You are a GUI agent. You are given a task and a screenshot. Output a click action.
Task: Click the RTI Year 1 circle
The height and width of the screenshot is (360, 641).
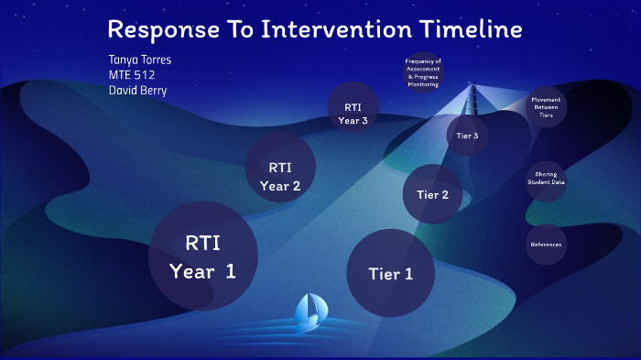(x=203, y=256)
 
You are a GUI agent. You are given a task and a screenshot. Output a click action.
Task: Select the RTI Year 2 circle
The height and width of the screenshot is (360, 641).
(x=280, y=176)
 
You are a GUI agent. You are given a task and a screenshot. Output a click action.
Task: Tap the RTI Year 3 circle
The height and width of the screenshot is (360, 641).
(x=353, y=108)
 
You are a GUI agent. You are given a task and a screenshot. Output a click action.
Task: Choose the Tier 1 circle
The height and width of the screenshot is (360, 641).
(x=390, y=273)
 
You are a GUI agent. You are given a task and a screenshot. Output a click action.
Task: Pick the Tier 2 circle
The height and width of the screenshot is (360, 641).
(x=432, y=194)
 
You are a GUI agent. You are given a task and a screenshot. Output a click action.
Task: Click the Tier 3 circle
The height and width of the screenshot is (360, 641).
(x=467, y=136)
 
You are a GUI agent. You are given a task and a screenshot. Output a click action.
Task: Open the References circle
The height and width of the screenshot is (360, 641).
(x=546, y=245)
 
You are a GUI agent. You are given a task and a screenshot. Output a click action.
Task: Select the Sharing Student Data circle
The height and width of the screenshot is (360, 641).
(x=546, y=179)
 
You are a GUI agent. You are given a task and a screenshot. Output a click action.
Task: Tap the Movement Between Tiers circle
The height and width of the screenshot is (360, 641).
(x=546, y=107)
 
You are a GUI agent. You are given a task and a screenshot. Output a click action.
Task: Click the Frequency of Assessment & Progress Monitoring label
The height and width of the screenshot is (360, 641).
(x=423, y=72)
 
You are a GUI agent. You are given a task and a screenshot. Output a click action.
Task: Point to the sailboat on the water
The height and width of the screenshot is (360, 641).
(x=307, y=312)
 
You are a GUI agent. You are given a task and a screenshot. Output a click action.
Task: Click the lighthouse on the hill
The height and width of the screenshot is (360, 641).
(x=473, y=99)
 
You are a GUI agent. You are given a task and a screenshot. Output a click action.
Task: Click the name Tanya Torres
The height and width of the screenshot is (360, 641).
(x=139, y=60)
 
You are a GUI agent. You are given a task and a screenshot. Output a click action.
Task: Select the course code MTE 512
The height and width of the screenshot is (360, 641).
(x=132, y=74)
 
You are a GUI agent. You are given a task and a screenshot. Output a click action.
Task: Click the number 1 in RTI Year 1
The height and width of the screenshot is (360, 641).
(x=231, y=271)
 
